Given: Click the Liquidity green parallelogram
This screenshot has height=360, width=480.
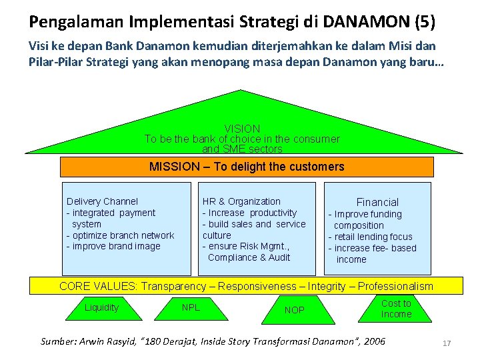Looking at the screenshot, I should pyautogui.click(x=101, y=308).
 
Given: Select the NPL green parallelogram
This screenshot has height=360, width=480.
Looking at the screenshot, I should pyautogui.click(x=191, y=308).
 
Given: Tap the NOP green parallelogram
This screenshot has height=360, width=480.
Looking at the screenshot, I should pyautogui.click(x=294, y=310).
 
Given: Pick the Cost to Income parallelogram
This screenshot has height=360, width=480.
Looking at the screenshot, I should pyautogui.click(x=396, y=309).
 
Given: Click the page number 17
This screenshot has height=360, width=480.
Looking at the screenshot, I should pyautogui.click(x=447, y=343).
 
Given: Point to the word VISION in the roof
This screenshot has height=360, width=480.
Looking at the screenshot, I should pyautogui.click(x=242, y=128).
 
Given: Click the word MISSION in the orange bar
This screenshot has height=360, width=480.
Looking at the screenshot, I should pyautogui.click(x=173, y=167).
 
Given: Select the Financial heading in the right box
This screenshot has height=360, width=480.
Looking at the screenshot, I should pyautogui.click(x=377, y=202).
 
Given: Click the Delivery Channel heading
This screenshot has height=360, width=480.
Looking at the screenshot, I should pyautogui.click(x=102, y=201).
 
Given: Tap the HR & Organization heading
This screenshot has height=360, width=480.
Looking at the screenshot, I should pyautogui.click(x=241, y=201).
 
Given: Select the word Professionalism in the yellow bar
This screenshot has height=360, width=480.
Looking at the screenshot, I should pyautogui.click(x=395, y=286).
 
